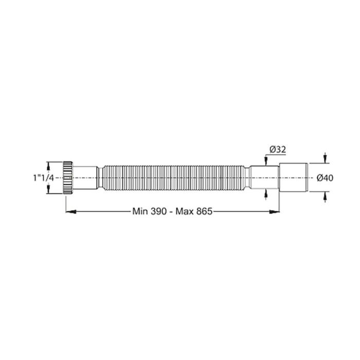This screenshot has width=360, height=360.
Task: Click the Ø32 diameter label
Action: (277, 150)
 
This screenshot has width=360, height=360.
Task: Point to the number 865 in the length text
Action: (202, 211)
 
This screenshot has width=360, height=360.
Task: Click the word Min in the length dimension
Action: (141, 211)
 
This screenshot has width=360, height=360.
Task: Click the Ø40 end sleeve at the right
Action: (294, 177)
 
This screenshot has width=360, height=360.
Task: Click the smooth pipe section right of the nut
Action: (86, 177)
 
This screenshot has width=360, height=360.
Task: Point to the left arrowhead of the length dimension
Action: (68, 210)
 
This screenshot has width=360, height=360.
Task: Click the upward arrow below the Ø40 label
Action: (326, 196)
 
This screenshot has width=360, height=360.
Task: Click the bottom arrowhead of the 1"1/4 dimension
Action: (49, 190)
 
